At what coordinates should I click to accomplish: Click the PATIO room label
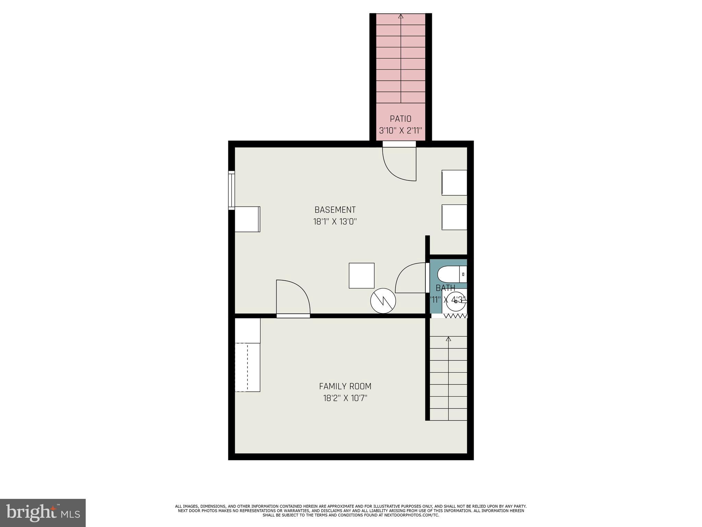point(400,119)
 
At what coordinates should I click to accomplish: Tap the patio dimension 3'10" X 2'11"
point(400,131)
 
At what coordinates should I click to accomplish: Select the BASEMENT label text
point(335,210)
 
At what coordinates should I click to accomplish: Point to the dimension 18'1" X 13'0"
point(335,222)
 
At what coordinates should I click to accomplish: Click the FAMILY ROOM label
point(345,386)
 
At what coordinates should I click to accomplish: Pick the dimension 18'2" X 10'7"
point(345,398)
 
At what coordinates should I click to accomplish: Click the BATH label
point(445,288)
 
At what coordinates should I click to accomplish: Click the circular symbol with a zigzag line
point(383,301)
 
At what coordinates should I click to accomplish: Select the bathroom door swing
point(411,278)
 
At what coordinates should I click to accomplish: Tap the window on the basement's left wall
point(232,190)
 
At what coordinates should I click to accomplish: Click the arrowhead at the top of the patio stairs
point(401,16)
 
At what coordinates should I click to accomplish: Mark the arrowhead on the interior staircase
point(448,339)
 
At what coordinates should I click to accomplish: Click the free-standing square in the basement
point(362,276)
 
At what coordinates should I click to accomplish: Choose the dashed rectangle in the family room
point(247,367)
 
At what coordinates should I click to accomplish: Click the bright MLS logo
point(43,513)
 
